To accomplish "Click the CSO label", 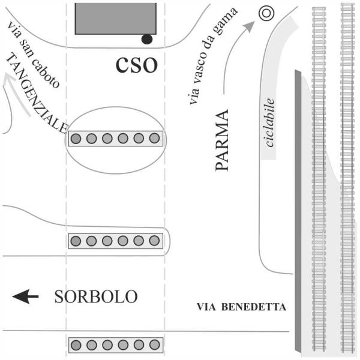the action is [x=137, y=65].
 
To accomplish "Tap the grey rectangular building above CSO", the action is [x=116, y=19].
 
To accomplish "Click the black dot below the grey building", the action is [x=147, y=39].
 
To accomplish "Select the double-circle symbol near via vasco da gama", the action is [x=266, y=13].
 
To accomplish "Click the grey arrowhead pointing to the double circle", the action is [x=250, y=25].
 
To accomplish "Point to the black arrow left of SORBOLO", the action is [x=25, y=296].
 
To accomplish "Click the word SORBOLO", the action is [x=96, y=296].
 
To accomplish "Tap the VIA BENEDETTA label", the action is [x=241, y=307].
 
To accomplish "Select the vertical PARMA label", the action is [x=222, y=140].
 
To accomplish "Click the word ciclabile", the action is [x=269, y=122].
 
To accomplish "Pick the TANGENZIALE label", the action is [x=37, y=94].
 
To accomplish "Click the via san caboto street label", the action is [x=34, y=55].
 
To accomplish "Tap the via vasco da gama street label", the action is [x=212, y=56].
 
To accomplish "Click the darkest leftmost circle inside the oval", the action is [x=76, y=139].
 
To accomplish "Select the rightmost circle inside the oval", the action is [x=154, y=138].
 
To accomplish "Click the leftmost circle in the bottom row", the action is [x=76, y=345].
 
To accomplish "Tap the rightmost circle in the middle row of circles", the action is [x=154, y=241].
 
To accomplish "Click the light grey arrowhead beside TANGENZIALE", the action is [x=9, y=79].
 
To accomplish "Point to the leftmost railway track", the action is [x=319, y=179].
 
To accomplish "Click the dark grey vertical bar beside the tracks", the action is [x=298, y=211].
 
